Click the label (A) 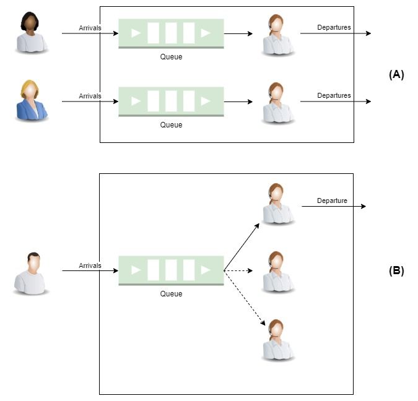point(396,74)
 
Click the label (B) point(396,270)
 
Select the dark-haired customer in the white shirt point(32,33)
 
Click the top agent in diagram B point(278,204)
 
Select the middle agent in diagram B point(278,272)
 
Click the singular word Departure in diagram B point(332,200)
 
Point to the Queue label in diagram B point(172,294)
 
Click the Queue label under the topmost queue point(172,57)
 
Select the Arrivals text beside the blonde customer point(90,96)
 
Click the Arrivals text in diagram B point(90,265)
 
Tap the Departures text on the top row point(334,27)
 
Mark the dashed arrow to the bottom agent point(245,299)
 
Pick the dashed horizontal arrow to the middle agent point(238,271)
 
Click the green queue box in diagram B point(171,270)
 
